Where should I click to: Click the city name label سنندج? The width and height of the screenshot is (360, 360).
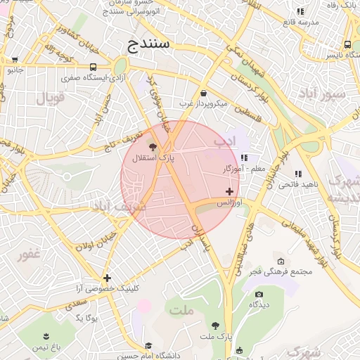pyautogui.click(x=150, y=46)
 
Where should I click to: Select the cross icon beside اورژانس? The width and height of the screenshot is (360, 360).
pyautogui.click(x=230, y=191)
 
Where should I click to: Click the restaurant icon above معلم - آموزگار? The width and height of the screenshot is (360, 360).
pyautogui.click(x=244, y=157)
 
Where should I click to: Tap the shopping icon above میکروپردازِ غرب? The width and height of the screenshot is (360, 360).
pyautogui.click(x=203, y=93)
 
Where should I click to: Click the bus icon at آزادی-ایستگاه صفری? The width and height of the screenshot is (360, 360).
pyautogui.click(x=94, y=67)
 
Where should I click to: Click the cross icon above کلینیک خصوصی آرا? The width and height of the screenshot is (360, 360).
pyautogui.click(x=107, y=278)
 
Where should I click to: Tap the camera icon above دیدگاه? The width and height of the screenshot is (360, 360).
pyautogui.click(x=259, y=294)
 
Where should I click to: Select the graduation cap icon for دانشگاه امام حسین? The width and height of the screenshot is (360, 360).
pyautogui.click(x=149, y=346)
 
